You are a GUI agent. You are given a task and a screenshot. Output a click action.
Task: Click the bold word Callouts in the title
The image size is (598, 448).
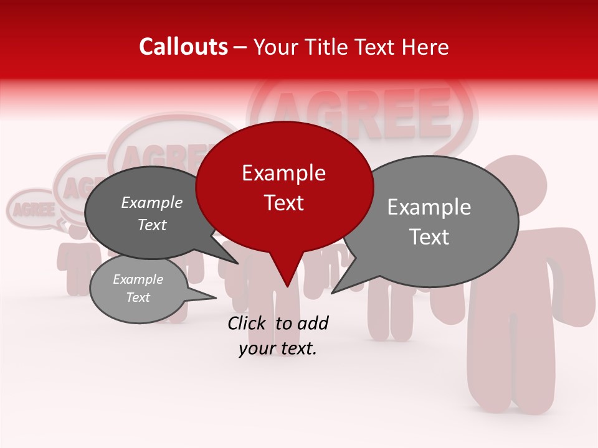[183, 47]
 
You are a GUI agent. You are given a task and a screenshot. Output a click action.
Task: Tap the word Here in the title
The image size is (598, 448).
[423, 47]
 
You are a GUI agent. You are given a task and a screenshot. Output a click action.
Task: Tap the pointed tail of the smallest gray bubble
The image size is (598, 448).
[212, 297]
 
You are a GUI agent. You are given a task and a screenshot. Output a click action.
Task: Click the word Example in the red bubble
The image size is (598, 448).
[284, 173]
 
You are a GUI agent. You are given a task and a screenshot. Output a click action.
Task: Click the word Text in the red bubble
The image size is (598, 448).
[284, 203]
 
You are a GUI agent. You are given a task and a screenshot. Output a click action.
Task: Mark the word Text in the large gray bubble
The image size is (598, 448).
[429, 237]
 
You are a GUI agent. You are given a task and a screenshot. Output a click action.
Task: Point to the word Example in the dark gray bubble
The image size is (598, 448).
[152, 203]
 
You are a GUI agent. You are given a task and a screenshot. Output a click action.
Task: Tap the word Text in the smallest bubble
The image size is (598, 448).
[138, 297]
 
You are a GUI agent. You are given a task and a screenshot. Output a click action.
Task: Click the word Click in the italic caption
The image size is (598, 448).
[248, 323]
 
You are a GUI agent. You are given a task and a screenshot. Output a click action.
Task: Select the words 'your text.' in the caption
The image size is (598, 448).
[278, 349]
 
